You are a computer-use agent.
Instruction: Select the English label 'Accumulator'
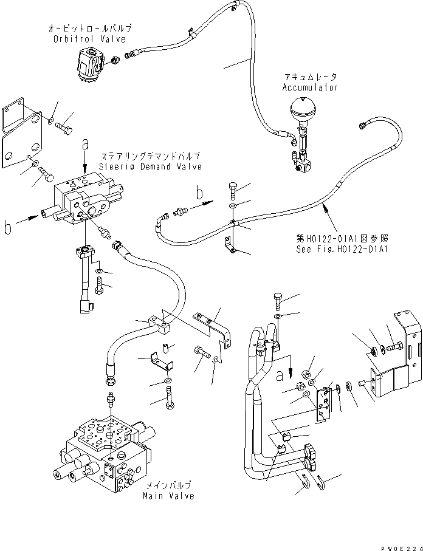(310, 87)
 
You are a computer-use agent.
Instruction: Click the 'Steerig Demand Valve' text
(151, 167)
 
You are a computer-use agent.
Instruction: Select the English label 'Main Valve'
(168, 496)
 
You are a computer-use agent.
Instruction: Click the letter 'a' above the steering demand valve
(86, 145)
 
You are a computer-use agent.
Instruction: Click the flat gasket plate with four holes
(22, 136)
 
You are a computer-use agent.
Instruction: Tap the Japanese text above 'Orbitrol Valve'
(90, 29)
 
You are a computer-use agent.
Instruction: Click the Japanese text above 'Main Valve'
(168, 485)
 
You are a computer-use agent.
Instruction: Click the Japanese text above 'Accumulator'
(310, 77)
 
